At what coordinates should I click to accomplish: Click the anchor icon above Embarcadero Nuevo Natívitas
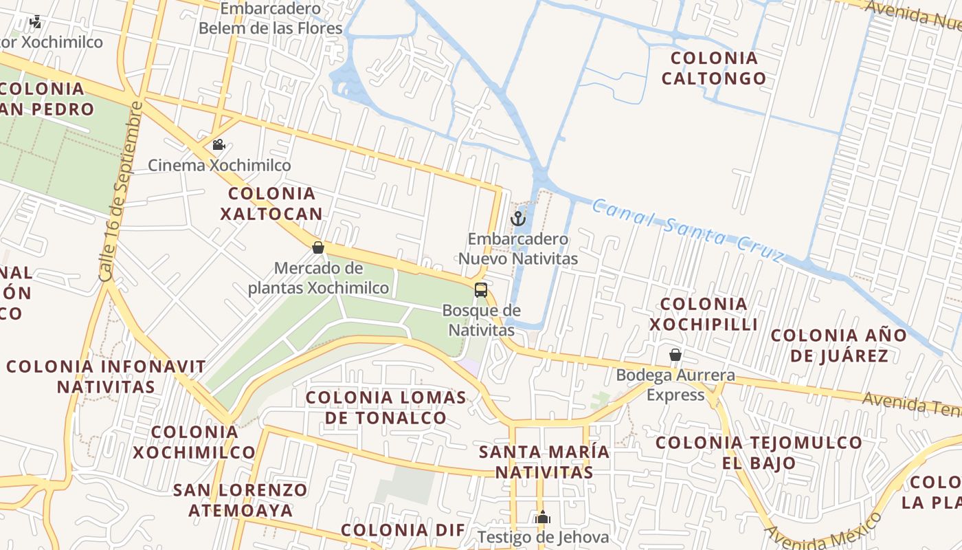518,219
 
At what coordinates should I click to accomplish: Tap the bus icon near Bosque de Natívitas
481,289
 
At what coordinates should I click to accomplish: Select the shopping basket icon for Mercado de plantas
318,247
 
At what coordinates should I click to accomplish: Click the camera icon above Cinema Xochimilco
219,144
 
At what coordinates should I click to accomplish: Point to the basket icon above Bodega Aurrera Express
675,355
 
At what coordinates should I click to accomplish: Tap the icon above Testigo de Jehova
543,516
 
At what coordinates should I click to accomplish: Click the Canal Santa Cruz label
687,230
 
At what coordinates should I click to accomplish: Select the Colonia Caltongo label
714,68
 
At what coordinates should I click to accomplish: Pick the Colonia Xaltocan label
271,203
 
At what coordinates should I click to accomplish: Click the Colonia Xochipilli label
704,314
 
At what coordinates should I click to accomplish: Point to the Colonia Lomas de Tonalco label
386,407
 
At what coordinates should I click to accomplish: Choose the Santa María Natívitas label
544,462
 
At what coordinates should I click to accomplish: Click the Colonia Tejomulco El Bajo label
759,452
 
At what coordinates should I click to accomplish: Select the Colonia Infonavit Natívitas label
106,376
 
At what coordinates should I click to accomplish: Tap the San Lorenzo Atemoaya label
240,500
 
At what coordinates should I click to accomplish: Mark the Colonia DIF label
403,530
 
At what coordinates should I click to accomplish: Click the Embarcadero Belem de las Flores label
270,19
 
